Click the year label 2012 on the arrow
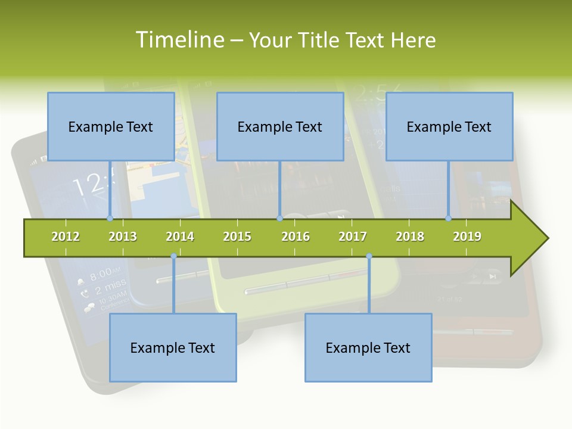(66, 237)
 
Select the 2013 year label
(123, 237)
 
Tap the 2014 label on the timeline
(180, 237)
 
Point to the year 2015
(237, 237)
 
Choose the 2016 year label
(296, 237)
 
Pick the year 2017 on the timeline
(353, 237)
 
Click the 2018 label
(410, 237)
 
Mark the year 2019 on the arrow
(467, 237)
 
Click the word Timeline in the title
(179, 40)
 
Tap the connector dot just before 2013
(110, 218)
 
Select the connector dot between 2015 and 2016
(279, 218)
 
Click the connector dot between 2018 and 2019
(449, 218)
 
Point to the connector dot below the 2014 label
(173, 256)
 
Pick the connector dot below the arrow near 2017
(369, 256)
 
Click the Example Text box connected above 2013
(111, 126)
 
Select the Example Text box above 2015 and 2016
(280, 126)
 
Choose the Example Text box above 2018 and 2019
(449, 126)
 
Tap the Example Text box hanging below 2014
(173, 347)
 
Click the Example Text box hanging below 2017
(368, 347)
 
